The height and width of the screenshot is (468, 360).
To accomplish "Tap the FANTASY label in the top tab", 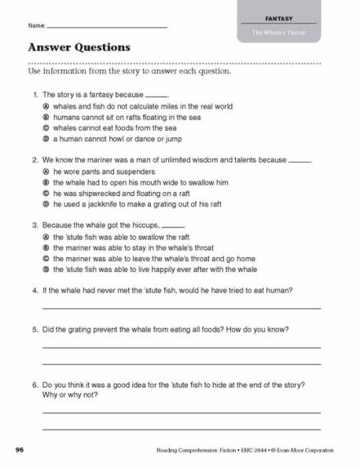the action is pos(279,16).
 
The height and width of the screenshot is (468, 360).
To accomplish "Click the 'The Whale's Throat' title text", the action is pos(279,31).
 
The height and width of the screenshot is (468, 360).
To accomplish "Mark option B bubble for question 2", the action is pos(47,182).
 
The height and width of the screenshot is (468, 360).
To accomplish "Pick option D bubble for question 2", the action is pos(47,204).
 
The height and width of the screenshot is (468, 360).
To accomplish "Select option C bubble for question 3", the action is pos(47,258).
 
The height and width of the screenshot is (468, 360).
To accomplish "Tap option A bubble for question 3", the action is pos(47,236).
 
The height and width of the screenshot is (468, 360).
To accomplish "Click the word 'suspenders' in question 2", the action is pos(137,171).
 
